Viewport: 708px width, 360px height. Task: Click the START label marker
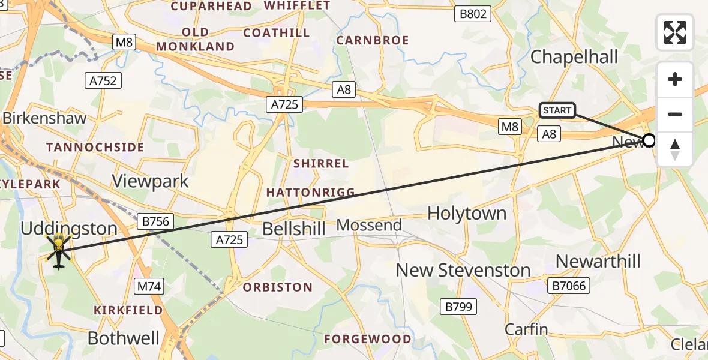tap(557, 110)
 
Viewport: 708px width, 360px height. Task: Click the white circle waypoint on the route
tap(649, 141)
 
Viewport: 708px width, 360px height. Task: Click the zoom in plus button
tap(675, 79)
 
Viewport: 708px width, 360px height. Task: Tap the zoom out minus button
tap(675, 114)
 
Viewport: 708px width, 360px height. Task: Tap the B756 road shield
tap(157, 221)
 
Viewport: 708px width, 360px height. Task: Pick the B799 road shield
tap(459, 307)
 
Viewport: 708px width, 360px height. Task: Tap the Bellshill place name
tap(294, 229)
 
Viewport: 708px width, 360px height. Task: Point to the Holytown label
tap(466, 213)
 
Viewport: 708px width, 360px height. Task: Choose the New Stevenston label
tap(463, 270)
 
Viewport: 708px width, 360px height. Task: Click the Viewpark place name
tap(150, 181)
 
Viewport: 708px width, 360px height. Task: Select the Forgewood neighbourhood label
tap(367, 339)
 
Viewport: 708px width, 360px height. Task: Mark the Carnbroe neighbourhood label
tap(372, 40)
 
